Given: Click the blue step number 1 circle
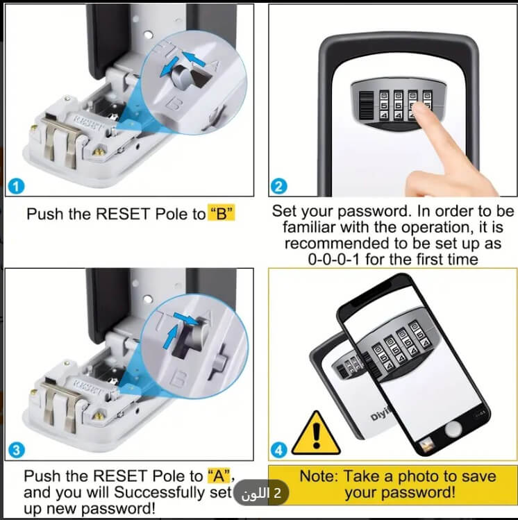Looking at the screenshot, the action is [x=16, y=186].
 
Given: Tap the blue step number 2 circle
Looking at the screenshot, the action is [x=279, y=186].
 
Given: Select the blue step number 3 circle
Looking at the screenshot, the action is [x=16, y=450].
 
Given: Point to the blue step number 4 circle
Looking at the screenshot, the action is [x=279, y=450].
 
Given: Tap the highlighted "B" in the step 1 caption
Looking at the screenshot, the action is [x=221, y=213].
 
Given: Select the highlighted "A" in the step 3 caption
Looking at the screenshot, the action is [x=219, y=476].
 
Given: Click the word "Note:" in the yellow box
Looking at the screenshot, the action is [x=319, y=476].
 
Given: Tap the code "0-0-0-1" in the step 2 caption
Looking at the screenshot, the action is [x=333, y=259].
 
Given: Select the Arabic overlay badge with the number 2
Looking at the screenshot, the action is [x=261, y=493].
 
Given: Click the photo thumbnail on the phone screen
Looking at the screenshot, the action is [x=426, y=444].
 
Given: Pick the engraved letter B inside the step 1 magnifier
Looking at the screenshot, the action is [x=173, y=103].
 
